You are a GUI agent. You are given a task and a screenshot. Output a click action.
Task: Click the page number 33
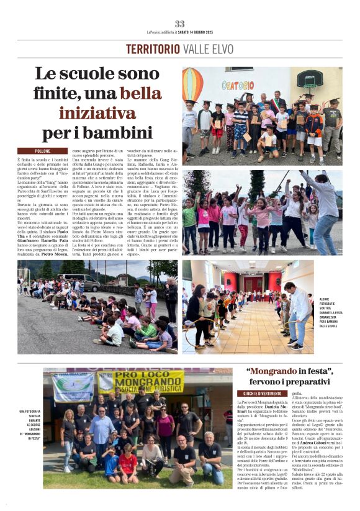click(x=179, y=24)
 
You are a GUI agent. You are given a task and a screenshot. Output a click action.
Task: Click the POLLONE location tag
click(x=42, y=151)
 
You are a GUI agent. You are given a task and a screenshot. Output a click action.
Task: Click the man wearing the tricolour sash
click(x=277, y=102)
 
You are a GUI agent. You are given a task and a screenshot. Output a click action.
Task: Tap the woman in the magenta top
click(x=165, y=428)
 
